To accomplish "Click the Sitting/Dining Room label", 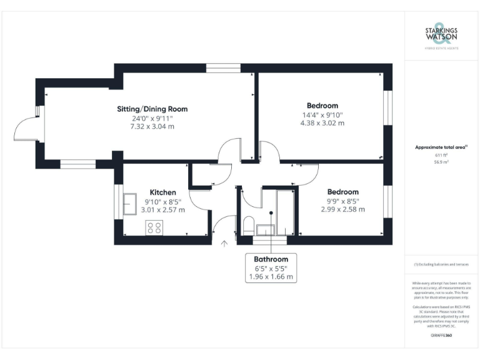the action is click(152, 109).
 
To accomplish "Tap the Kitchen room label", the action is click(162, 192).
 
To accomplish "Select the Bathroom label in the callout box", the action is click(271, 259).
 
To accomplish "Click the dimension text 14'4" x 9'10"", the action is click(322, 114).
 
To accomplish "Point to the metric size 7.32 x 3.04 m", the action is click(152, 126).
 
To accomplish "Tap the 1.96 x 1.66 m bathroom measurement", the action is click(271, 276).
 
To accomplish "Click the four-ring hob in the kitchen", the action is click(154, 228).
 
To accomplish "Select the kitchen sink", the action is click(131, 204).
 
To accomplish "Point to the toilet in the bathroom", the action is click(247, 225).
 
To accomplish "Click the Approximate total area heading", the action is click(441, 147).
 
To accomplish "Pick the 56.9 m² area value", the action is click(441, 161).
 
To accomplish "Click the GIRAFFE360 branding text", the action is click(441, 336).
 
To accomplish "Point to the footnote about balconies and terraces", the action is click(441, 265).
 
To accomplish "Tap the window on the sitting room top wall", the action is click(224, 67).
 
